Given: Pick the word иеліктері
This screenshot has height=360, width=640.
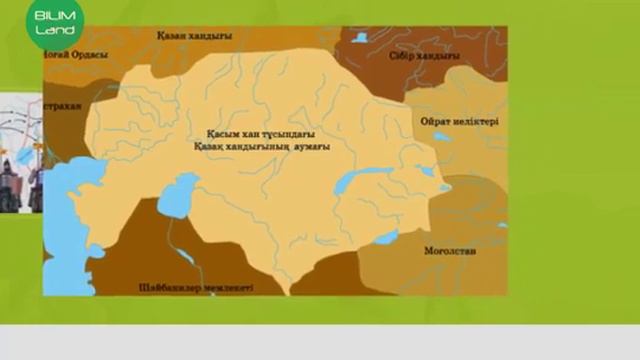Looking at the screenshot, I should coord(477,122).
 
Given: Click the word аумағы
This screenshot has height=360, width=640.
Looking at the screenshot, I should coord(311,146).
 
